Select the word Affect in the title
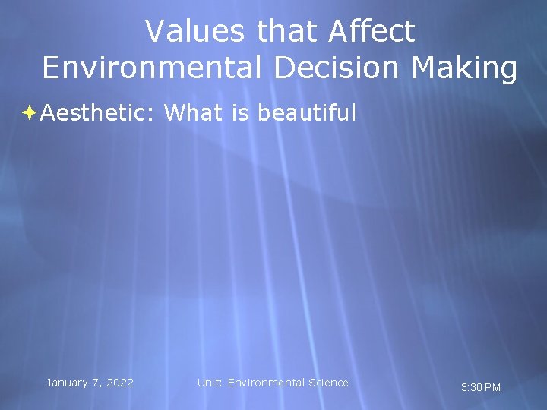click(372, 32)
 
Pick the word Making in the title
click(466, 68)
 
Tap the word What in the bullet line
click(192, 113)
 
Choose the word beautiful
click(307, 113)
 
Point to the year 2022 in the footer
click(119, 383)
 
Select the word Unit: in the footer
click(210, 383)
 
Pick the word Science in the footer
click(328, 383)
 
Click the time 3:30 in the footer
click(471, 388)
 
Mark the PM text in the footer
click(492, 388)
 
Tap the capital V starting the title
click(155, 32)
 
